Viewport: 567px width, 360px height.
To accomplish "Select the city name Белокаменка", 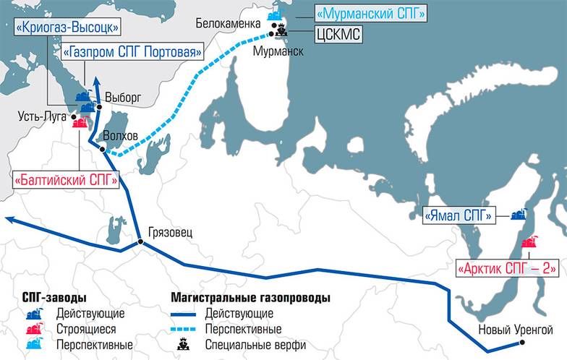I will coord(227,23).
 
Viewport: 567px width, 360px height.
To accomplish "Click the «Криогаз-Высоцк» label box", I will coord(65,28).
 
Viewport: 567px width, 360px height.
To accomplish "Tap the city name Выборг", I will coord(120,97).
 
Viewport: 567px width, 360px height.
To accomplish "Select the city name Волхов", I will coord(121,135).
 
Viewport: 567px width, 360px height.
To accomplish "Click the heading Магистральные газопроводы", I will coord(250,297).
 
